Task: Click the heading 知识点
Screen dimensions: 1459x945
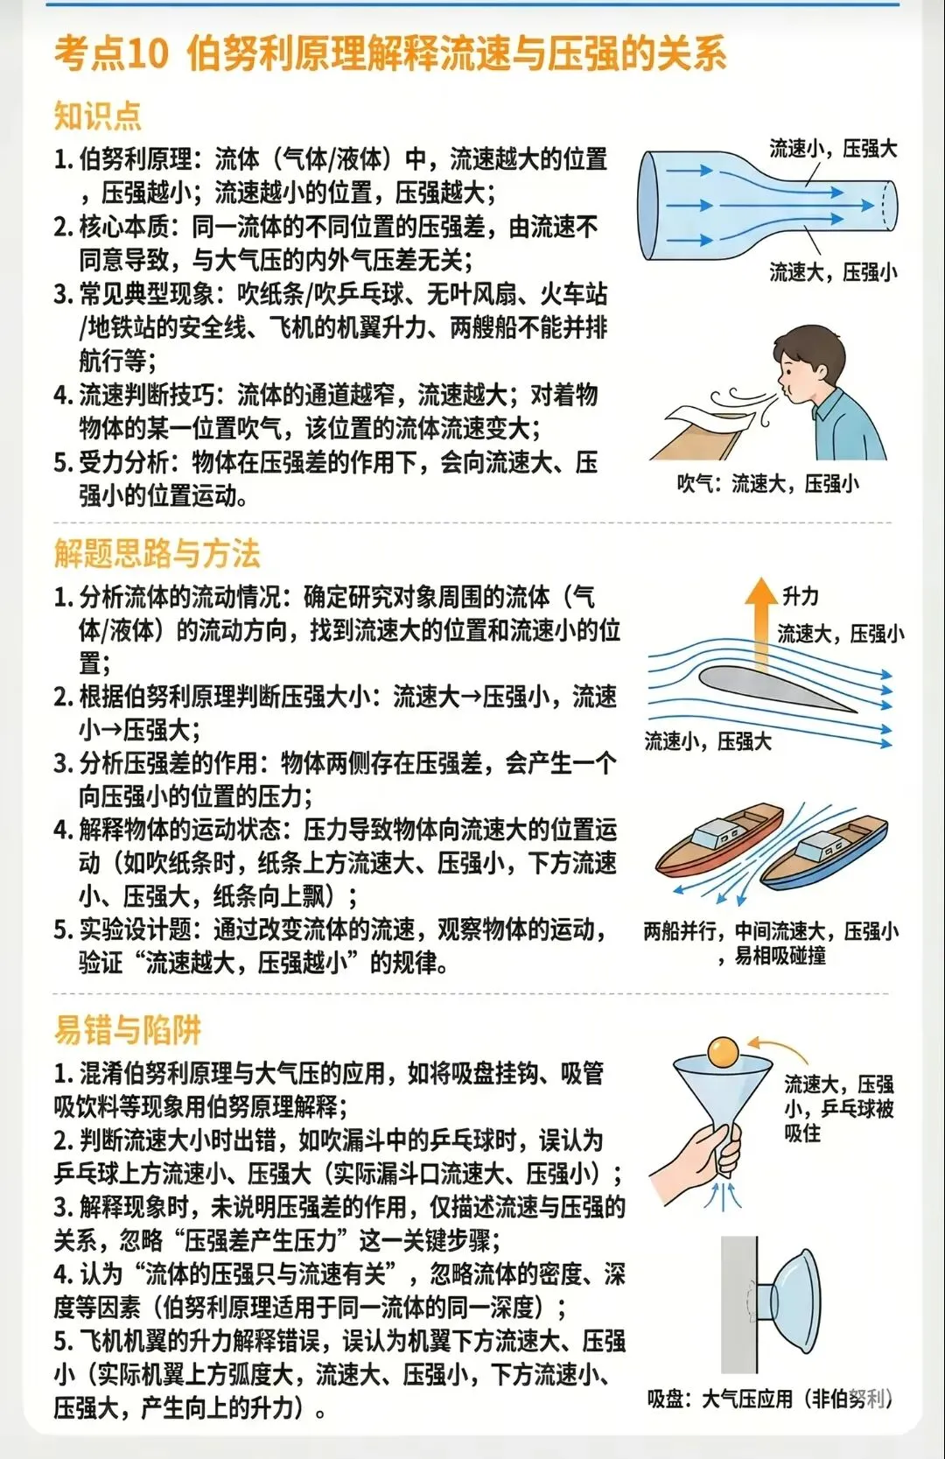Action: (97, 116)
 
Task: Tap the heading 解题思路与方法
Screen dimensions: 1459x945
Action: (157, 553)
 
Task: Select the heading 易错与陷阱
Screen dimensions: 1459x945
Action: (127, 1029)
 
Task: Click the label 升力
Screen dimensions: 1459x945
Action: (801, 596)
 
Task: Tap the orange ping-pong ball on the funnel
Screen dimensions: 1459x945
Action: (724, 1051)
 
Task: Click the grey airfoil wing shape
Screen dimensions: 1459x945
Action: (770, 686)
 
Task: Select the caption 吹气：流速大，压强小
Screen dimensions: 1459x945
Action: (767, 484)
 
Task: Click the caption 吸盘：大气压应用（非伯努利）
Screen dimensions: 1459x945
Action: (769, 1399)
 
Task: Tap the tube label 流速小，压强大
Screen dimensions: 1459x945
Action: (833, 149)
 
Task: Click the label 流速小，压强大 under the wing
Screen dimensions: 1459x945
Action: (708, 742)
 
